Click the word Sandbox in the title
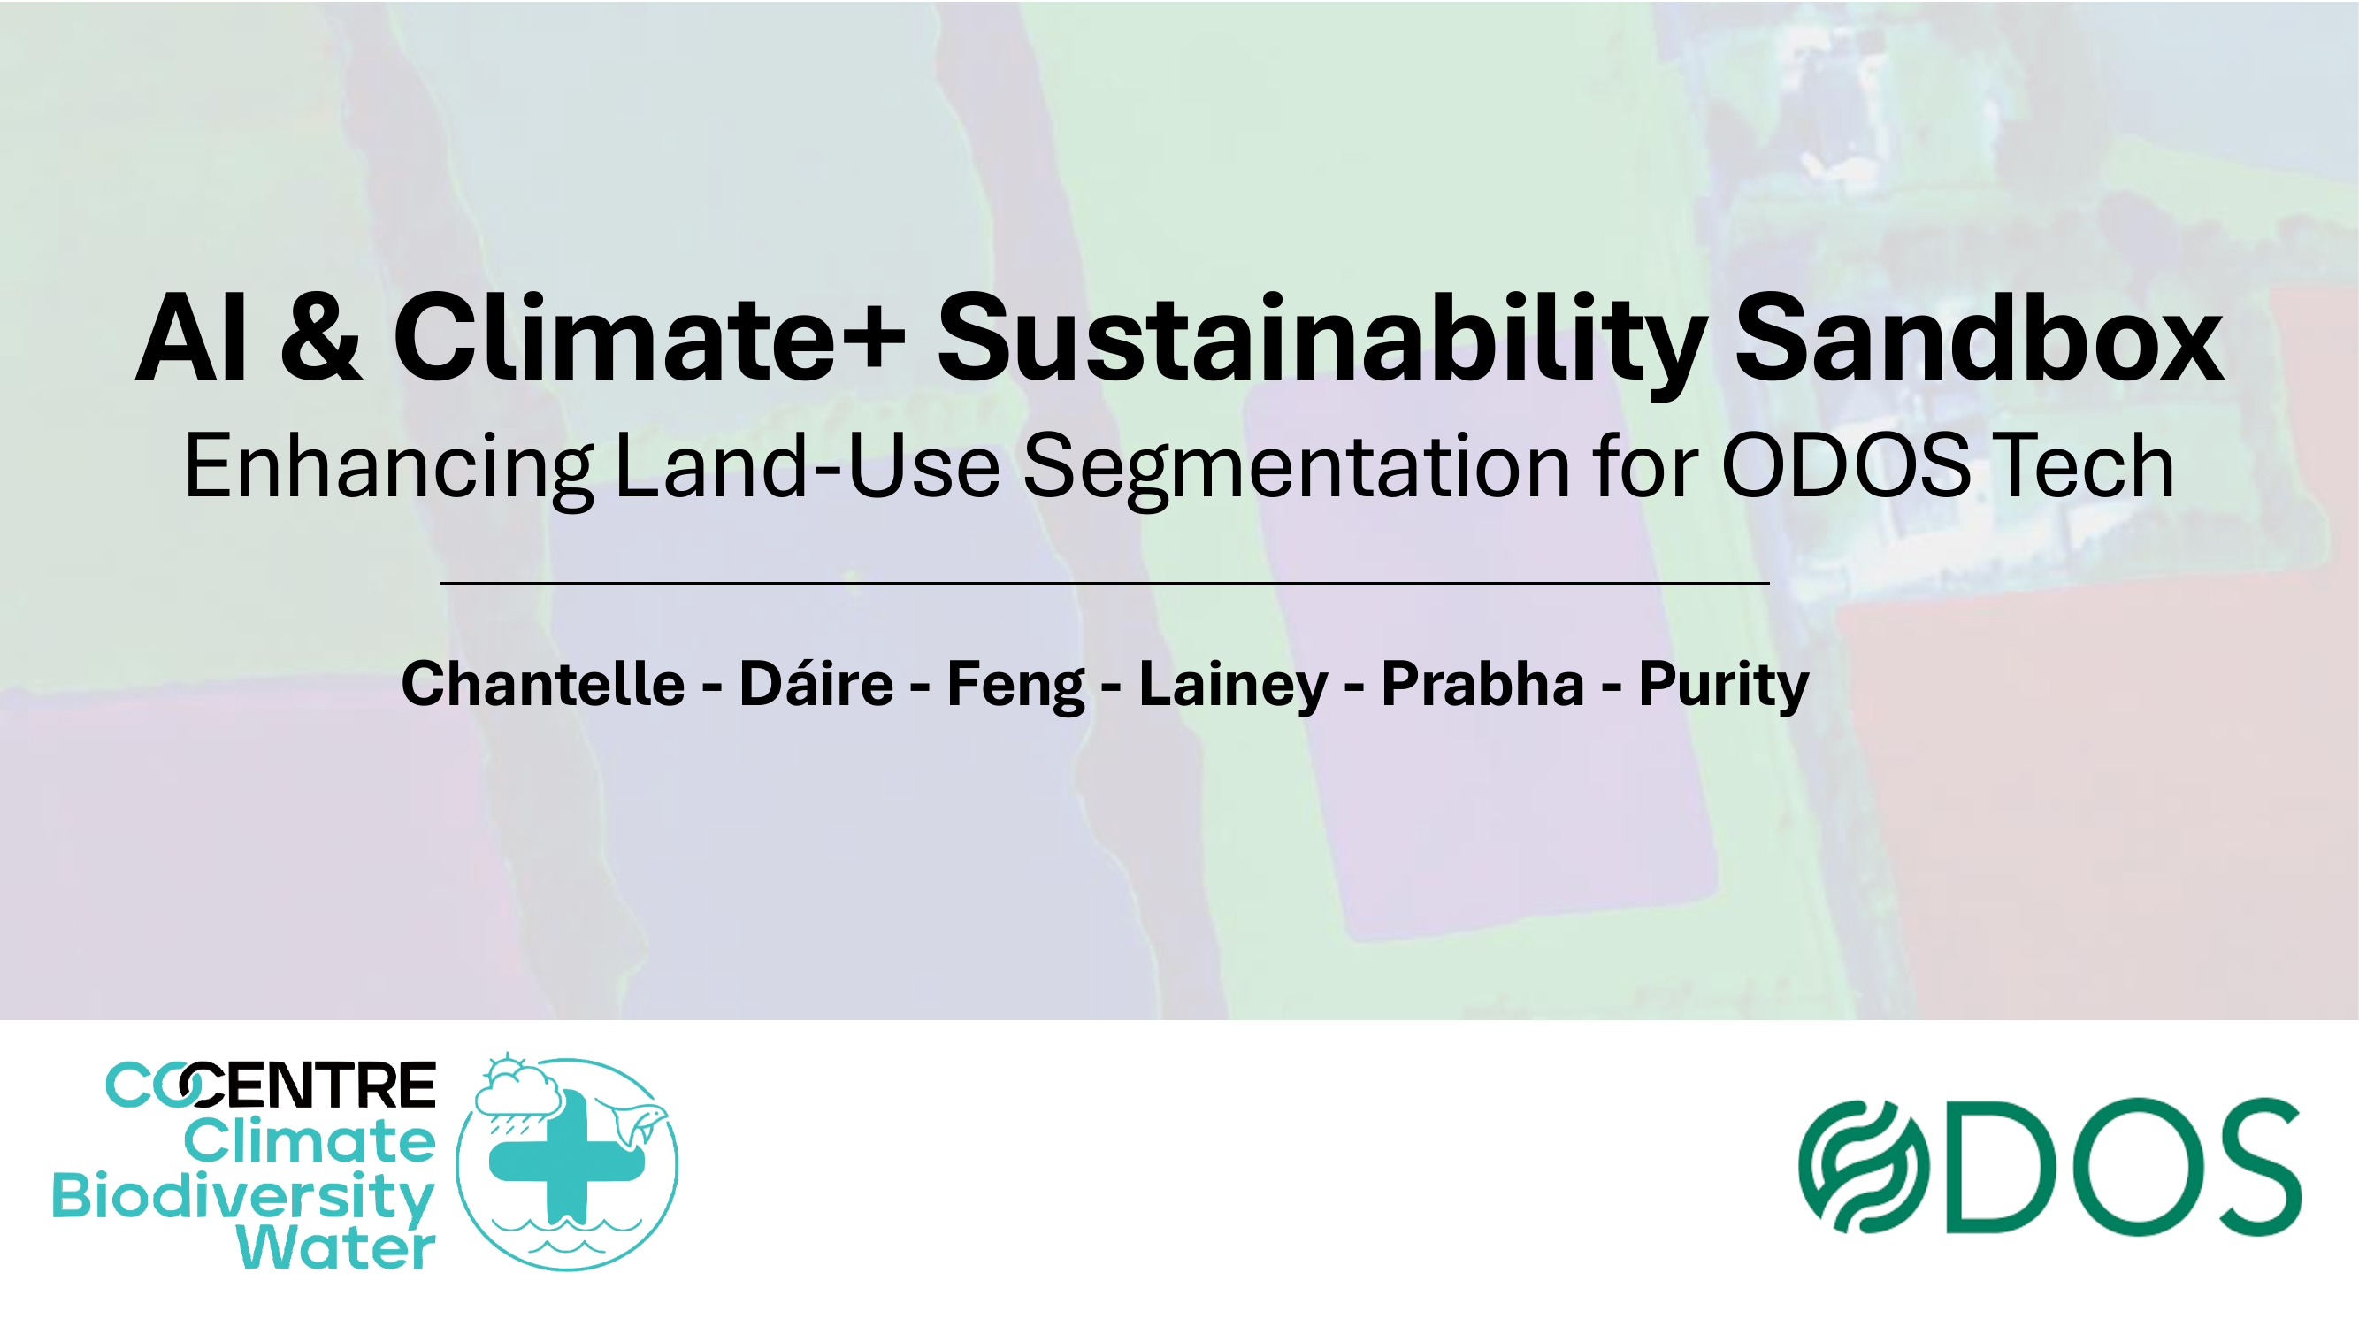pyautogui.click(x=1978, y=339)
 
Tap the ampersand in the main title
pyautogui.click(x=320, y=339)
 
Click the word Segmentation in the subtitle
pyautogui.click(x=1296, y=467)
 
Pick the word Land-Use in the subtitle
pyautogui.click(x=807, y=467)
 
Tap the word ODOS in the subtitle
pyautogui.click(x=1846, y=467)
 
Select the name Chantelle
pyautogui.click(x=543, y=684)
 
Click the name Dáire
pyautogui.click(x=816, y=684)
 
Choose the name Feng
pyautogui.click(x=1015, y=684)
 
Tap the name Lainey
pyautogui.click(x=1233, y=684)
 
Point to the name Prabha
pyautogui.click(x=1482, y=684)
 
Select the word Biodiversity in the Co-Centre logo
pyautogui.click(x=242, y=1196)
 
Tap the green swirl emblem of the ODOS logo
pyautogui.click(x=1863, y=1167)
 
